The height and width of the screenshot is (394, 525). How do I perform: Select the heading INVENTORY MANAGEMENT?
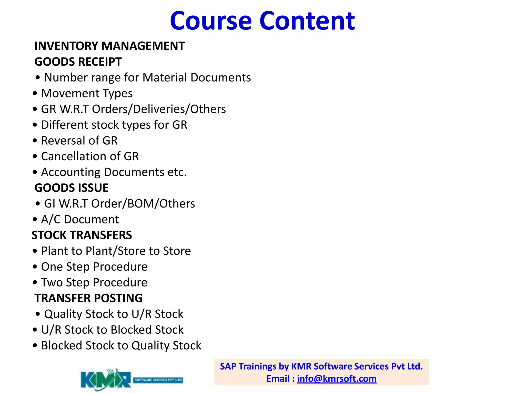pos(109,46)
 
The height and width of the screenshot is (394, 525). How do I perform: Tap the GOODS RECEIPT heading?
pos(78,62)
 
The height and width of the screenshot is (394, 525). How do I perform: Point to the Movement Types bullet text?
pos(87,93)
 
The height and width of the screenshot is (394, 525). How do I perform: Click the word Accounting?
pos(71,172)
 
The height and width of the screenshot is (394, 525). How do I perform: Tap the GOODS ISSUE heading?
pos(72,188)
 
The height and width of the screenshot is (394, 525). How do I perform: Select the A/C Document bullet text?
pos(80,220)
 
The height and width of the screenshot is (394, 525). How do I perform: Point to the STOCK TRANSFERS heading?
pos(82,235)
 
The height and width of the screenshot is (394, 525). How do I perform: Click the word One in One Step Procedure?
pos(52,267)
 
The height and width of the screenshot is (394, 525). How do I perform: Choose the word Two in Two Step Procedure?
pos(52,282)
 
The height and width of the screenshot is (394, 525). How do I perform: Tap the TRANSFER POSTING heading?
pos(88,298)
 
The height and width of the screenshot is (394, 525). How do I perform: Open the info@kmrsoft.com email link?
pos(337,379)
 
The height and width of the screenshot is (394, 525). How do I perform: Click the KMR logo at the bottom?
pos(106,379)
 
